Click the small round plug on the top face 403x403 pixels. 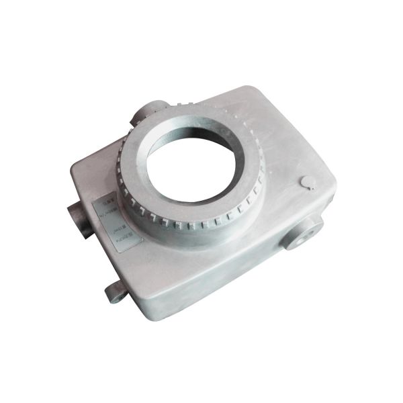tap(309, 181)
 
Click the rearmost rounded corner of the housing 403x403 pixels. tap(252, 91)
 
